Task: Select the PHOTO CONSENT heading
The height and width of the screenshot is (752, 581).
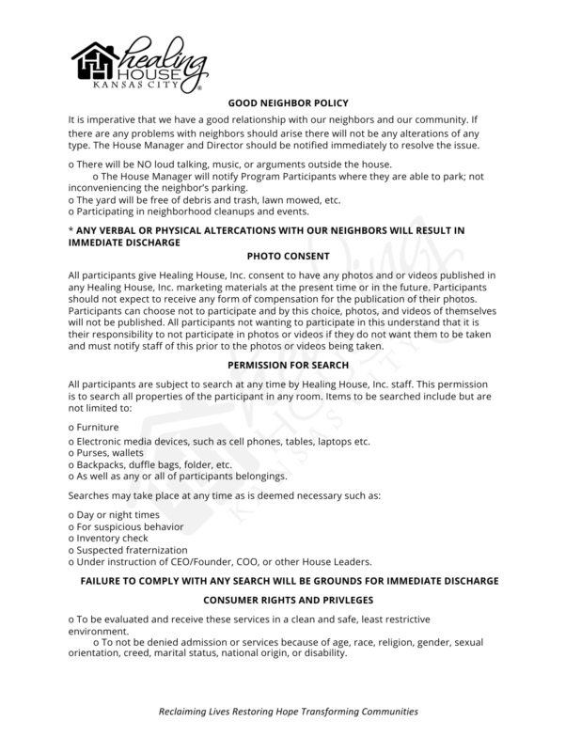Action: click(290, 255)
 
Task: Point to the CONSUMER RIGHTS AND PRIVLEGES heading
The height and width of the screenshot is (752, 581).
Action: click(290, 599)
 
